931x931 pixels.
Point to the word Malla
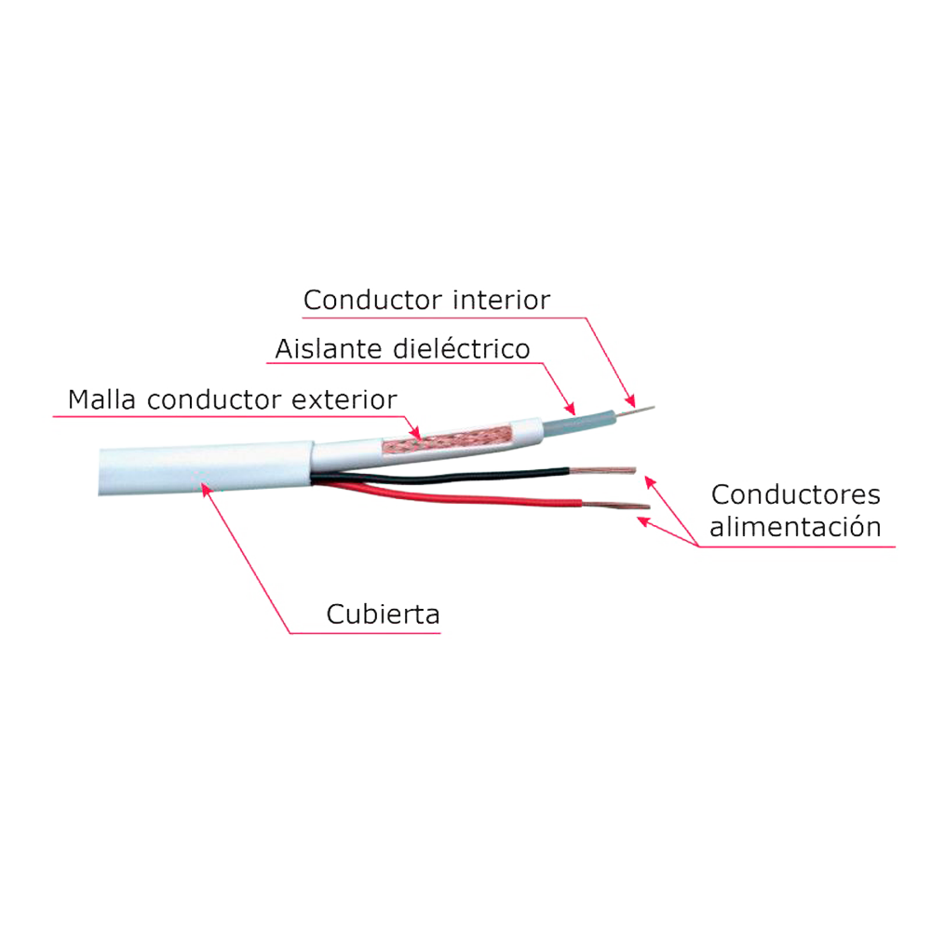pyautogui.click(x=103, y=399)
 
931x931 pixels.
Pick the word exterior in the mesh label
pyautogui.click(x=344, y=399)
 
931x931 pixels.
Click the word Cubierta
pyautogui.click(x=383, y=614)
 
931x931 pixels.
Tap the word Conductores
pyautogui.click(x=795, y=494)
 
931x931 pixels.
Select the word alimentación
pyautogui.click(x=795, y=526)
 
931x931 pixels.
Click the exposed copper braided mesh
pyautogui.click(x=456, y=439)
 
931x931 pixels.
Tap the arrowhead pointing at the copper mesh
pyautogui.click(x=418, y=433)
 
